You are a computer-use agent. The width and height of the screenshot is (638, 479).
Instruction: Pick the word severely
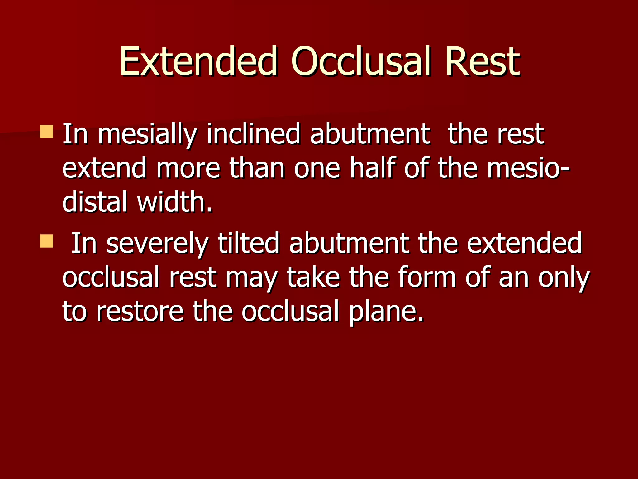tap(157, 244)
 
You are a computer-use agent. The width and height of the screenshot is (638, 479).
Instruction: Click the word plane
tap(386, 312)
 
